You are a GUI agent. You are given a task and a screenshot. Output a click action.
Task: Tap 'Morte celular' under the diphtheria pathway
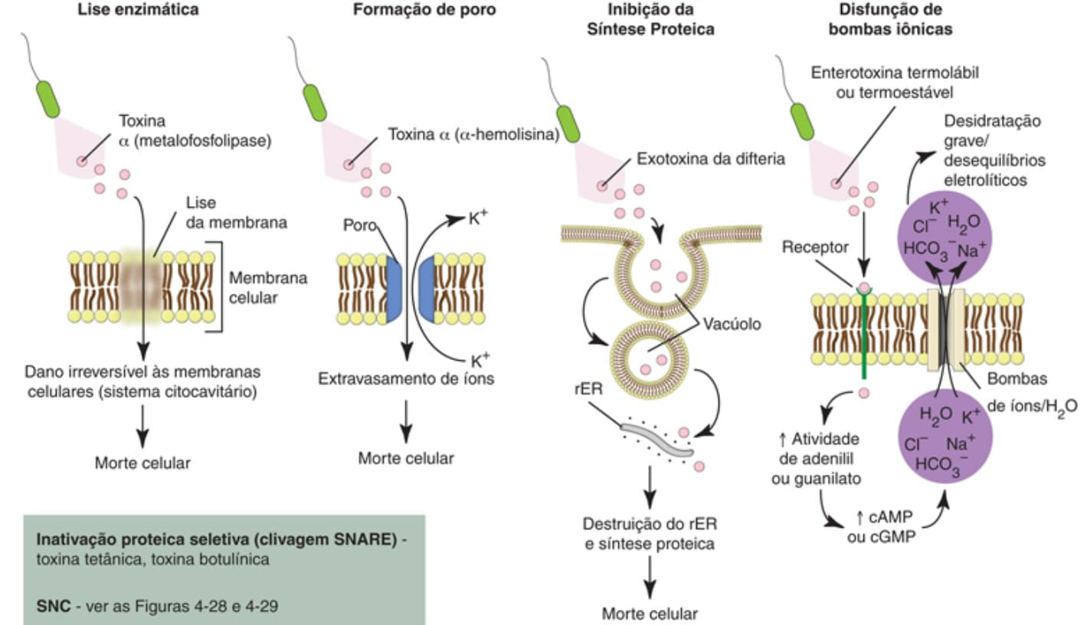pyautogui.click(x=650, y=614)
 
